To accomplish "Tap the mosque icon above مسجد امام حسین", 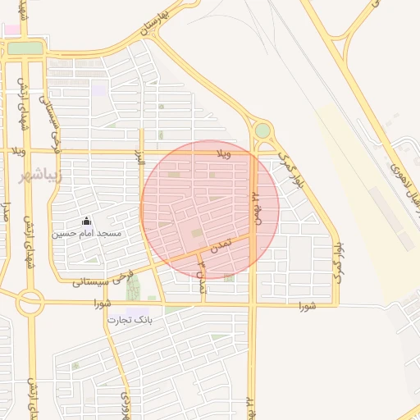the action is (x=86, y=221).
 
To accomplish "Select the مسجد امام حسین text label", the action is (x=88, y=234).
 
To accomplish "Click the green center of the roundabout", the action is (x=262, y=130).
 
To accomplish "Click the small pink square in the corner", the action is (x=11, y=30).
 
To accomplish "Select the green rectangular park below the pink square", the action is (x=25, y=48).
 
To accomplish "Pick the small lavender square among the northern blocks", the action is (x=98, y=89).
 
